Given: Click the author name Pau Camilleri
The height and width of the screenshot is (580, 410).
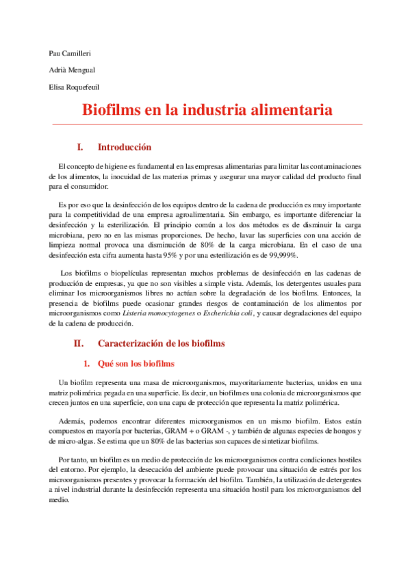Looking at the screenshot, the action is pos(73,52).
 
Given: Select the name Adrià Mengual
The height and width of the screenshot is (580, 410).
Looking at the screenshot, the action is pos(71,70).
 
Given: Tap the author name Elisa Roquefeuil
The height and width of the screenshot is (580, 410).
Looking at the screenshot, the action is pos(74,87).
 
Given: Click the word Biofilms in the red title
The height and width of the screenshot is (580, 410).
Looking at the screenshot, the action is pos(113,110).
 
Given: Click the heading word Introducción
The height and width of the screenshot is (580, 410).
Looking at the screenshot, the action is pos(124,147).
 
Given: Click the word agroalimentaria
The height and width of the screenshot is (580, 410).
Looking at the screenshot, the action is pos(195,215).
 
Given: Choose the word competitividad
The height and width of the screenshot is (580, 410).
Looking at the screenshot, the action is pos(92,215).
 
